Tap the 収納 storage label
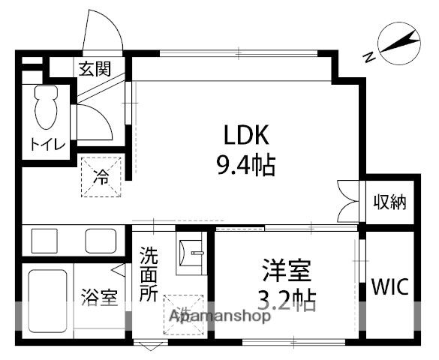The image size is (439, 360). click(x=390, y=202)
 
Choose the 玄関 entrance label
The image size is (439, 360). click(x=95, y=69)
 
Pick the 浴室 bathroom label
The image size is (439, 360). click(x=99, y=296)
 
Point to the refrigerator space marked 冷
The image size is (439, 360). click(x=100, y=178)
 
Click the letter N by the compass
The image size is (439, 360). click(x=368, y=56)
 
